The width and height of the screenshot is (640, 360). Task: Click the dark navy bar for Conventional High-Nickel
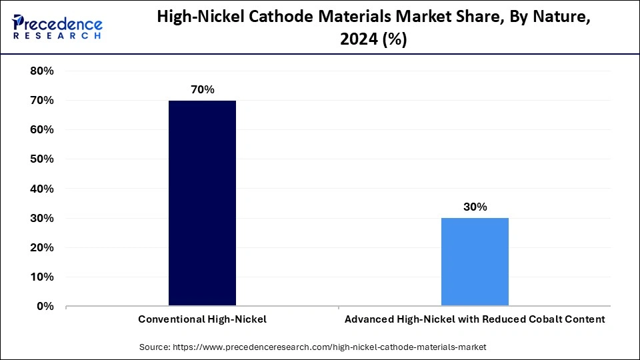click(x=202, y=203)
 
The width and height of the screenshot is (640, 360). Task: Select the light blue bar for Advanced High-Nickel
click(x=475, y=261)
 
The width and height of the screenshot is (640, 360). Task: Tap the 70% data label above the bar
click(x=202, y=89)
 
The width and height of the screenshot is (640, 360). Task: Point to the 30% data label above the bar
click(x=475, y=207)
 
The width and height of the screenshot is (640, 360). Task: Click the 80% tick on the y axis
click(x=42, y=71)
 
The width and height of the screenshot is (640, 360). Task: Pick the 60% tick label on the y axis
click(x=42, y=129)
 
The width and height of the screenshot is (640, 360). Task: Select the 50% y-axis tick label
click(x=42, y=159)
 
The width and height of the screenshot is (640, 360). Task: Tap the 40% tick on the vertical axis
click(x=42, y=189)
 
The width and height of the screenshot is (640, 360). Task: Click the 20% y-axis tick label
click(x=42, y=247)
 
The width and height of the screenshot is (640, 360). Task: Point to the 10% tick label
click(x=42, y=277)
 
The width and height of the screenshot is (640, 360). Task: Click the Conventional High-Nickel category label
click(x=202, y=319)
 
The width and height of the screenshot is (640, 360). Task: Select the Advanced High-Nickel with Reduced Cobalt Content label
click(x=475, y=319)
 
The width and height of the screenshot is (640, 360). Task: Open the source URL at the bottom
click(x=329, y=347)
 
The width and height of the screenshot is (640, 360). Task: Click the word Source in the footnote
click(x=154, y=347)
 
